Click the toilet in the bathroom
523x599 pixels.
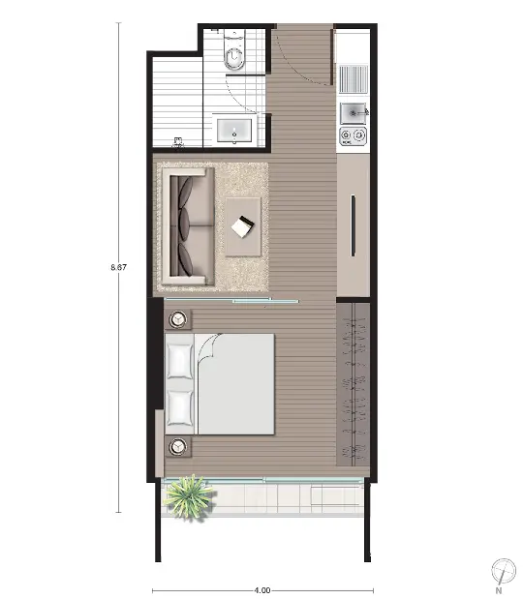click(x=233, y=50)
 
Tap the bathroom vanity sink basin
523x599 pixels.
click(x=234, y=130)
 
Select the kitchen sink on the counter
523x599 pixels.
click(x=353, y=113)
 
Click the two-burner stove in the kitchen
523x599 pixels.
click(x=353, y=135)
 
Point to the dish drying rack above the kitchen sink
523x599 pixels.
click(x=354, y=79)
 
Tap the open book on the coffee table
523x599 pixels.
click(x=242, y=226)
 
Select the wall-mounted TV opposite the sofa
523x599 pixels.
click(x=354, y=225)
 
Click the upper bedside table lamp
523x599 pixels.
click(x=178, y=319)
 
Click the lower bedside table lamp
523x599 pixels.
click(x=178, y=446)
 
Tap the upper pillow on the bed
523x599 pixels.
click(x=180, y=361)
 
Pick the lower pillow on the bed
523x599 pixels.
click(x=180, y=407)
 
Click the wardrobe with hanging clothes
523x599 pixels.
click(x=354, y=384)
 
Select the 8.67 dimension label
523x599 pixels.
click(x=118, y=267)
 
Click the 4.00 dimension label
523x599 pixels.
click(x=262, y=590)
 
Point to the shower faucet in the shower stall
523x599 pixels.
click(x=178, y=142)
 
